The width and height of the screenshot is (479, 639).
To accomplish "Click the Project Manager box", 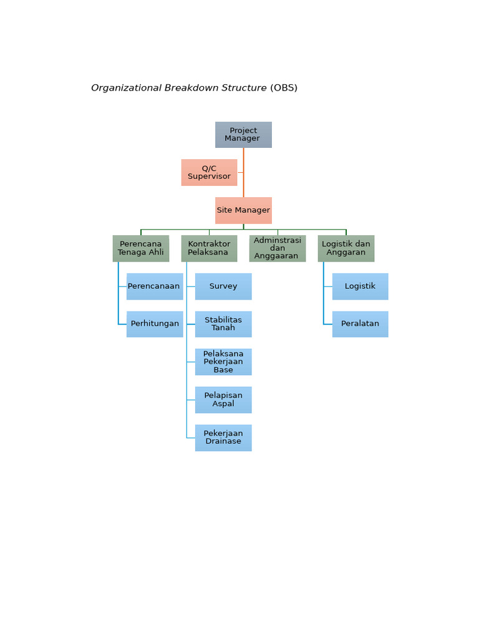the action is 244,135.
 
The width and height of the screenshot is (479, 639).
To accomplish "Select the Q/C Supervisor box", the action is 210,172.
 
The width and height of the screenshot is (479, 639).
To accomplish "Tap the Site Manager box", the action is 244,210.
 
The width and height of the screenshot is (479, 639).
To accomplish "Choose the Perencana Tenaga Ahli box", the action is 141,248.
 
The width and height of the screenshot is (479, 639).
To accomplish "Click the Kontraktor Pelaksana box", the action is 210,248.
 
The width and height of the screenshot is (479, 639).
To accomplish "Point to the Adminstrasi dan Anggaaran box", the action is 278,248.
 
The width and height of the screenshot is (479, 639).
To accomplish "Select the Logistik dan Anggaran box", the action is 346,248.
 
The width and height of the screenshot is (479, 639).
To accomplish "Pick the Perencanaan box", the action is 155,286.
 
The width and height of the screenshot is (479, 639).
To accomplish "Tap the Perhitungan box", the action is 155,324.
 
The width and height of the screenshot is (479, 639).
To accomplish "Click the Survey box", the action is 223,286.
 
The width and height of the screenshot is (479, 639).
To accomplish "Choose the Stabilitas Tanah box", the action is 223,324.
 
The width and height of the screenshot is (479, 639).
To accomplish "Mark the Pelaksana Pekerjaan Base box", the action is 223,362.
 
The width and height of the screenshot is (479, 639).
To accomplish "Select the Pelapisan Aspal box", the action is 223,400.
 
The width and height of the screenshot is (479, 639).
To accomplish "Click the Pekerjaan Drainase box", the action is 223,437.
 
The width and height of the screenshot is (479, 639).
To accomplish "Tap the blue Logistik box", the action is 360,286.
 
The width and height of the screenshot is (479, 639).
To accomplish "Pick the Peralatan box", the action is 360,324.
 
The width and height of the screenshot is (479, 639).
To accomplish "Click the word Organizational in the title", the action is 127,88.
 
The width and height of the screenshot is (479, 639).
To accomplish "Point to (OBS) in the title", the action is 284,88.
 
